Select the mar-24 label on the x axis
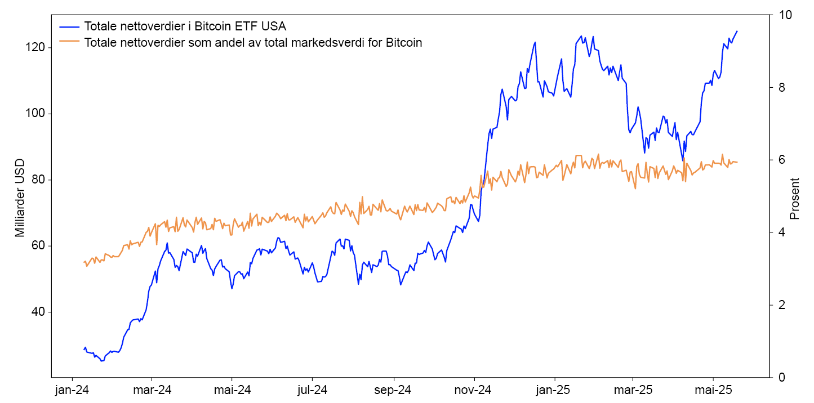coord(152,389)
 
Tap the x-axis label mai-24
coord(232,389)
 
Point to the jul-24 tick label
coord(312,389)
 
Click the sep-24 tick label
coord(393,389)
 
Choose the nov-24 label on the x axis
coord(474,389)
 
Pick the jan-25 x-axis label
coord(554,389)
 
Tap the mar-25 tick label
coord(633,389)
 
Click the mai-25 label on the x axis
coord(714,389)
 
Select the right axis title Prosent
coord(795,198)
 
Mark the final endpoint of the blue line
coord(737,32)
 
